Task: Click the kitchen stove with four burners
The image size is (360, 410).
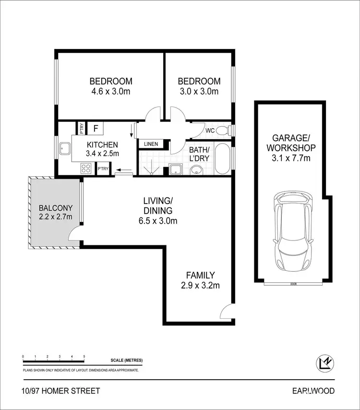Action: [x=86, y=169]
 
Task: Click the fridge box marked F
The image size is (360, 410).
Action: [x=96, y=128]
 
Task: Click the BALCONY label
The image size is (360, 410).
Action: [x=56, y=208]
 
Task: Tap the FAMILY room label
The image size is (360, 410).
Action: [x=200, y=275]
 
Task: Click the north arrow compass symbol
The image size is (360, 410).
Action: [x=325, y=363]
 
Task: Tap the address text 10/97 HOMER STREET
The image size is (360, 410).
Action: [x=61, y=391]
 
